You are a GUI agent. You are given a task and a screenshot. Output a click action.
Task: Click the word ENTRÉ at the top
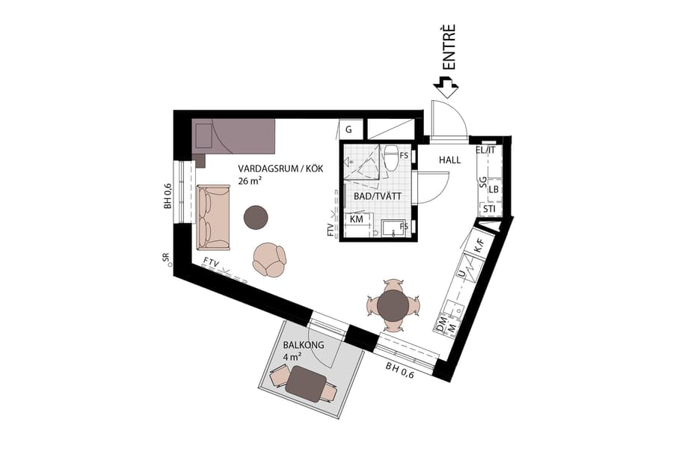449,48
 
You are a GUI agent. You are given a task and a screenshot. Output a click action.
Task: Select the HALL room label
450,160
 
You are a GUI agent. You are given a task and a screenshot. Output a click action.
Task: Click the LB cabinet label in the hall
494,190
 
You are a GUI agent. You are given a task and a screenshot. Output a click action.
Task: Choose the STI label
489,209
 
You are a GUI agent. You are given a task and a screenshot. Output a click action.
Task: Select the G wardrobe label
348,129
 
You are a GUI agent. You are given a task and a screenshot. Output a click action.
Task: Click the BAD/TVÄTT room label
378,196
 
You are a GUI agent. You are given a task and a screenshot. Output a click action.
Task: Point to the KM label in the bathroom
357,219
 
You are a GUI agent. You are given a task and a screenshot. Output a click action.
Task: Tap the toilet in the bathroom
391,158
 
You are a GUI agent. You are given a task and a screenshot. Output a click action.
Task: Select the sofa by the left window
212,217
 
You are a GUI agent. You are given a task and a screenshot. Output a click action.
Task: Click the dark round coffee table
256,217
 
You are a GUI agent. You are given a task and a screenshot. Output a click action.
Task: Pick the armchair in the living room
268,259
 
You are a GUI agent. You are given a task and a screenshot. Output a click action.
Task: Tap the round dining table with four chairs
393,305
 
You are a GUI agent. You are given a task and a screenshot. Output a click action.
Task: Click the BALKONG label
302,346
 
